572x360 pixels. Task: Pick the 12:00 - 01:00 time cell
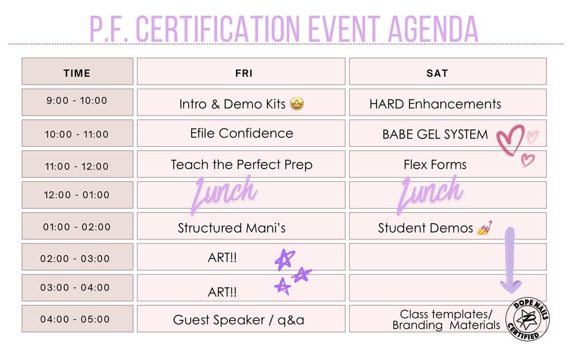tap(77, 195)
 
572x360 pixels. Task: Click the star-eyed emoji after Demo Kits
tap(297, 104)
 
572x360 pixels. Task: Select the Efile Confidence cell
tap(241, 133)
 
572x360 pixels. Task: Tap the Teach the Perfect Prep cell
tap(241, 164)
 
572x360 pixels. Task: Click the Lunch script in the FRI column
tap(224, 193)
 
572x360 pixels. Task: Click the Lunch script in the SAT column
tap(431, 193)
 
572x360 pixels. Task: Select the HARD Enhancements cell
tap(447, 102)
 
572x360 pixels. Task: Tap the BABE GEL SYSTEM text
tap(435, 135)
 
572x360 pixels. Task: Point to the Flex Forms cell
tap(447, 164)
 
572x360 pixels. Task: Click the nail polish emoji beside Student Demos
tap(485, 228)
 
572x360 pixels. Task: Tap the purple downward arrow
tap(511, 261)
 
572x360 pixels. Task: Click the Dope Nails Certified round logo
tap(527, 319)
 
